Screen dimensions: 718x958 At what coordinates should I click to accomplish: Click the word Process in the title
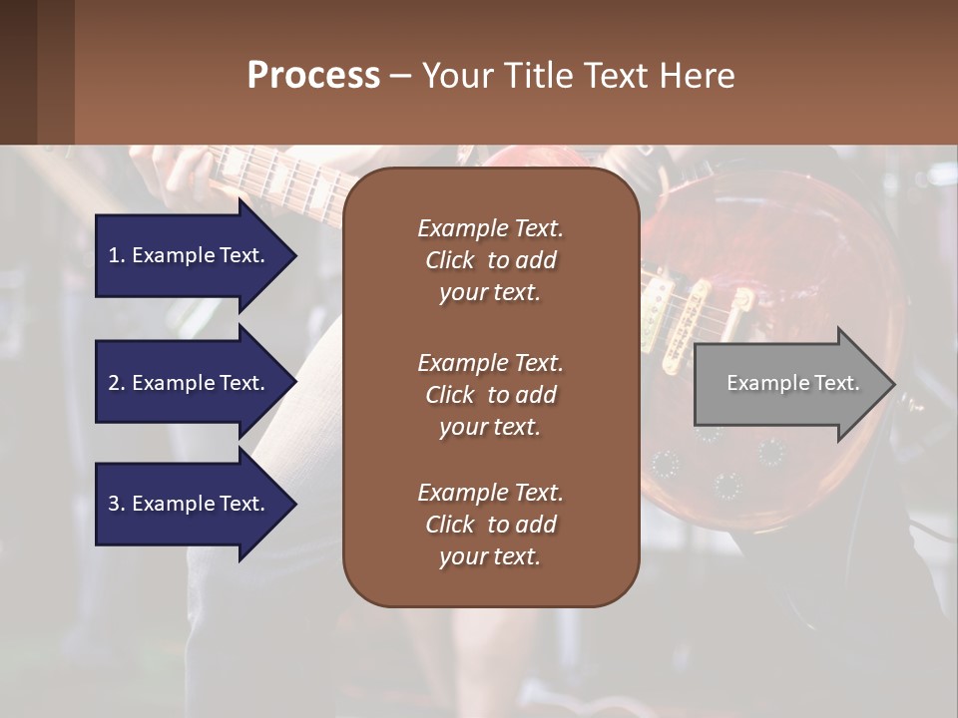[x=313, y=76]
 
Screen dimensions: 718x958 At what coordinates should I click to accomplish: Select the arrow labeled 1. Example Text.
[x=190, y=255]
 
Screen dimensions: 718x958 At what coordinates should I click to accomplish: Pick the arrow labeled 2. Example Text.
[x=190, y=383]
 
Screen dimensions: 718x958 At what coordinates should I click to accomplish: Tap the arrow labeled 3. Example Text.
[x=190, y=504]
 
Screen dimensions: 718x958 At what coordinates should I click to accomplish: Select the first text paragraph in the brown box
[x=490, y=260]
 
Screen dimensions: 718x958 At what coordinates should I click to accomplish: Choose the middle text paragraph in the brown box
[x=490, y=395]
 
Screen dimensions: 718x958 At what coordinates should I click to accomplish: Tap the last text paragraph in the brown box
[x=490, y=525]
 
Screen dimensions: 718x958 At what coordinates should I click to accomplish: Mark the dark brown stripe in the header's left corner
[x=18, y=72]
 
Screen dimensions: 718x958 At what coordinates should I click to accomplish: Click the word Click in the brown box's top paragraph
[x=450, y=260]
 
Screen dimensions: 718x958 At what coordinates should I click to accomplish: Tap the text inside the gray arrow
[x=793, y=383]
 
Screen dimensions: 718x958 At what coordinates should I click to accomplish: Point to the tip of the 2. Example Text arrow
[x=295, y=383]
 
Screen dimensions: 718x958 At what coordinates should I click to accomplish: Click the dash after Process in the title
[x=401, y=76]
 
